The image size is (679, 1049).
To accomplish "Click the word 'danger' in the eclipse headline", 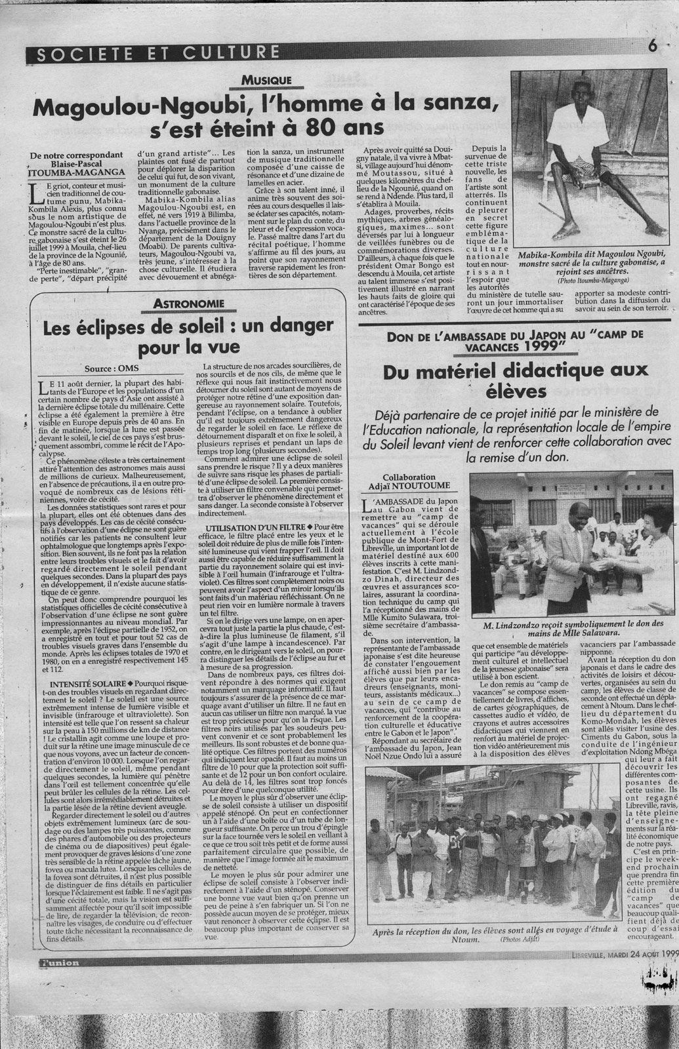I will pyautogui.click(x=292, y=326).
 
